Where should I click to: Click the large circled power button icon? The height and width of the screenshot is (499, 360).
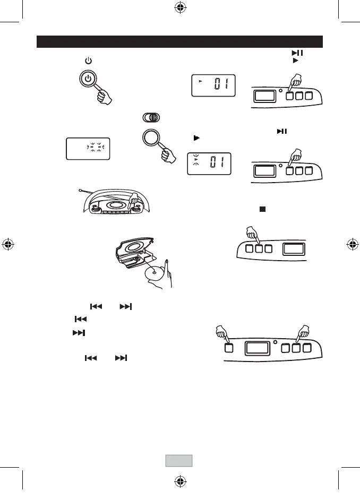(89, 80)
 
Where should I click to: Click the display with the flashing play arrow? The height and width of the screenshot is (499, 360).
(209, 164)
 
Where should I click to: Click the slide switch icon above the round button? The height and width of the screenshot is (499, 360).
(151, 118)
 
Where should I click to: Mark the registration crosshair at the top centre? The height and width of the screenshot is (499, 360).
(179, 8)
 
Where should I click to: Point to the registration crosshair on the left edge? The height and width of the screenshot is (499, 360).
(8, 245)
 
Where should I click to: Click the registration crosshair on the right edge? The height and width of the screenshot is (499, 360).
(352, 245)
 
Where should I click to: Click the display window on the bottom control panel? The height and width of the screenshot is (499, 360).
(257, 348)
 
